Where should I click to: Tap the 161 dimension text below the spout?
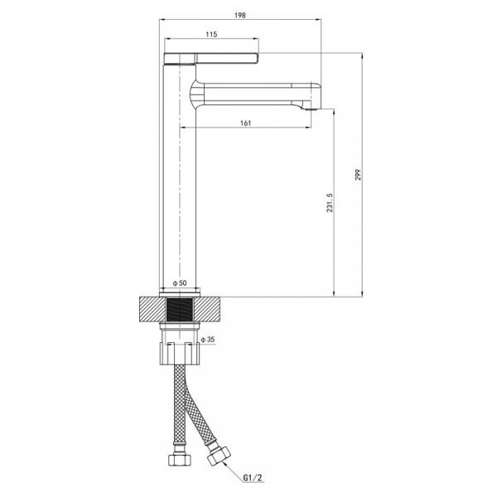246,123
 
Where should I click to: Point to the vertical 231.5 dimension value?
330,204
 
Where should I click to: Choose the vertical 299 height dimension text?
358,175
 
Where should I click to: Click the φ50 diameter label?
180,283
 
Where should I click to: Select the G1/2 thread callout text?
253,478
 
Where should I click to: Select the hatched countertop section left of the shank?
152,310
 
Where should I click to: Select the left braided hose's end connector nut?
178,460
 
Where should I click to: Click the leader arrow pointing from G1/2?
234,468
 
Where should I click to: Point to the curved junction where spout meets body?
196,93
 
